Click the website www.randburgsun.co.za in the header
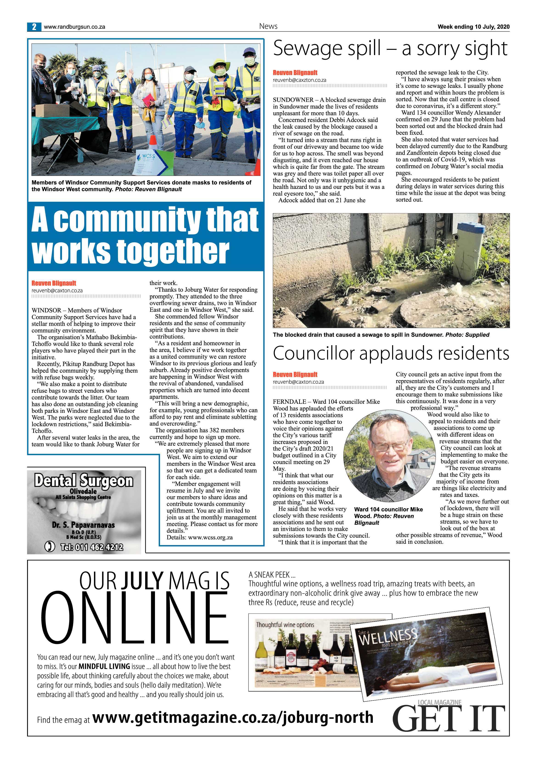[x=74, y=27]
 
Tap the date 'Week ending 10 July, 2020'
[x=473, y=27]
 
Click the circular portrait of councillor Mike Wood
[x=389, y=457]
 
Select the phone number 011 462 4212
[x=92, y=547]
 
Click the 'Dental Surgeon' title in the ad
[x=84, y=480]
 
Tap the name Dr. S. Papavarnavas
[x=83, y=525]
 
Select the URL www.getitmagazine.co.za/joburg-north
[x=233, y=717]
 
